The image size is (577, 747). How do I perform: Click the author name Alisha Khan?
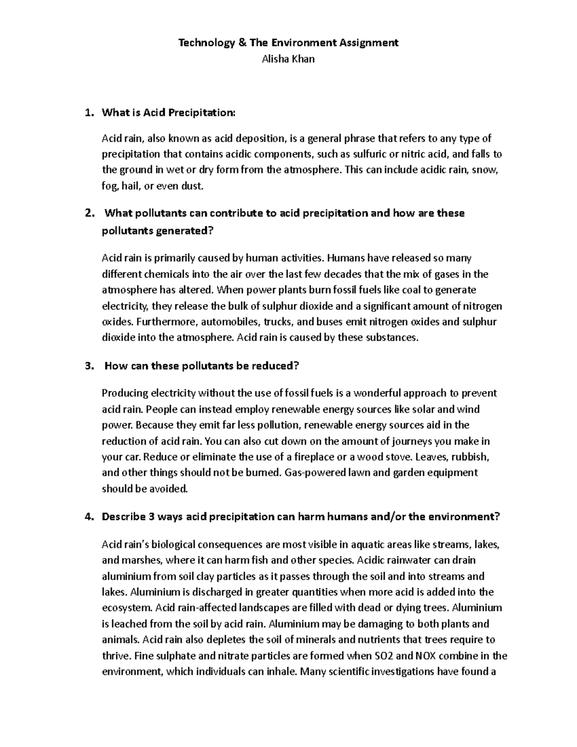(x=288, y=60)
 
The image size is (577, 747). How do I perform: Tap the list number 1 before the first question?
(x=87, y=113)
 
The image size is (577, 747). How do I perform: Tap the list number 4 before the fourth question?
(x=87, y=517)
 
